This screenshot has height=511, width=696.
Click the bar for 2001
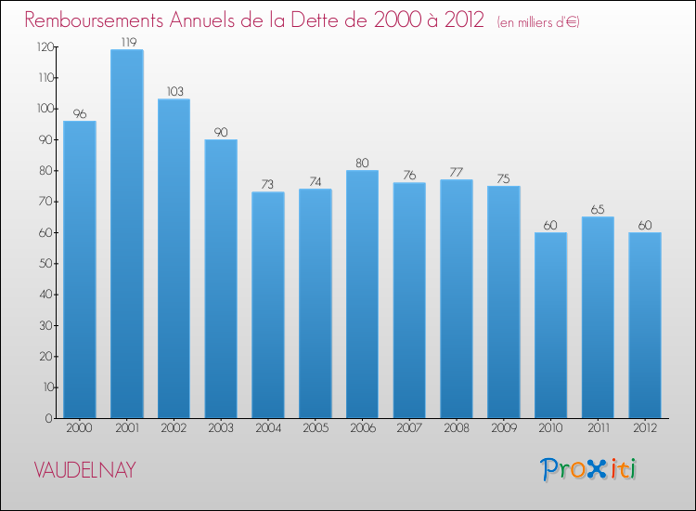tap(126, 234)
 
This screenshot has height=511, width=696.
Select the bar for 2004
tap(268, 305)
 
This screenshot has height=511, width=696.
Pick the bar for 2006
tap(363, 295)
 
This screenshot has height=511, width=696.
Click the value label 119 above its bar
tap(126, 42)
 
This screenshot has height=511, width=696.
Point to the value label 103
tap(174, 91)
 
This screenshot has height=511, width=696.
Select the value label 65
tap(599, 209)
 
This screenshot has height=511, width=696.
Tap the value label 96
tap(80, 113)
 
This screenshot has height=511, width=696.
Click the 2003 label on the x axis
tap(221, 428)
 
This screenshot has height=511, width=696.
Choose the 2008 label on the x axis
tap(457, 428)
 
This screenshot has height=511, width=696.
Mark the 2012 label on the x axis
tap(646, 428)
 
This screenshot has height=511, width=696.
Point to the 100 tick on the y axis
tap(44, 109)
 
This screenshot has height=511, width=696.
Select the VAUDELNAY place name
tap(84, 470)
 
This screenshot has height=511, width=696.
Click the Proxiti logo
tap(589, 469)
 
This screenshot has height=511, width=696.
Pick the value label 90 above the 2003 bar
tap(221, 132)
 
